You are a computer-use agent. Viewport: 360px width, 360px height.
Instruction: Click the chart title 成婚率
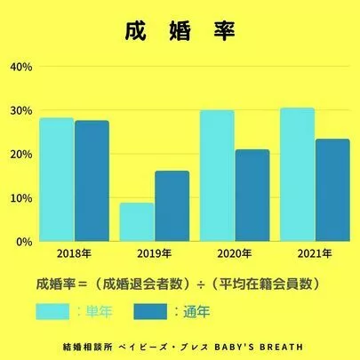(180, 31)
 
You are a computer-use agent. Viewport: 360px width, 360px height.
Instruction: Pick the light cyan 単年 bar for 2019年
(136, 221)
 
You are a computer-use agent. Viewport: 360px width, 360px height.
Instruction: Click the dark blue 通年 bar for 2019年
(172, 205)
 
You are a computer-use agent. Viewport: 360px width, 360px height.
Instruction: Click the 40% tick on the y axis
(20, 67)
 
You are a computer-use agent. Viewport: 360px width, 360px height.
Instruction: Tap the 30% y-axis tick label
(20, 110)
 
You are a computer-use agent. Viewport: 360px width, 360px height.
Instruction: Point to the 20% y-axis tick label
(20, 154)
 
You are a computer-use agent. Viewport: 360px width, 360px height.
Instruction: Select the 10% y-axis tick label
(20, 197)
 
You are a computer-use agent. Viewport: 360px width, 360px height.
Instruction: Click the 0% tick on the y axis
(23, 241)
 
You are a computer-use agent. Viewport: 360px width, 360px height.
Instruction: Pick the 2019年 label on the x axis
(153, 254)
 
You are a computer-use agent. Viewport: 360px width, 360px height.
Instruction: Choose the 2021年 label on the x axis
(314, 254)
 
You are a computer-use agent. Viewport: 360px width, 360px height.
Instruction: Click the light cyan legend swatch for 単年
(55, 312)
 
